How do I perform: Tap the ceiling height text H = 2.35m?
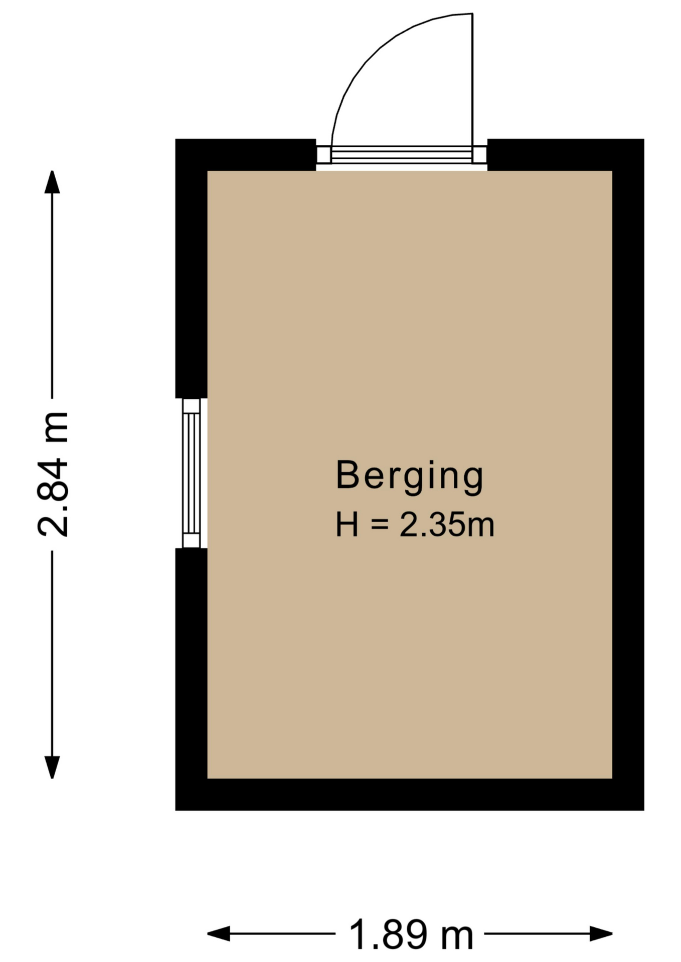click(x=415, y=525)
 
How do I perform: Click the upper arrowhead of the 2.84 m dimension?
click(x=52, y=181)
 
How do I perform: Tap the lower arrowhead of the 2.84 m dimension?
click(x=52, y=767)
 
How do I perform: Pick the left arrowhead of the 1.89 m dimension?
click(x=219, y=934)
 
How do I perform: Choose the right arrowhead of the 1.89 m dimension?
click(x=601, y=934)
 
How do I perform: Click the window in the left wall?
click(x=192, y=473)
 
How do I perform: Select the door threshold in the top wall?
click(x=402, y=154)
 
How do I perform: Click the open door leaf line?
click(x=472, y=80)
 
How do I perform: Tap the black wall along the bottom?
click(x=410, y=794)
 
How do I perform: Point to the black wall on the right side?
click(x=628, y=474)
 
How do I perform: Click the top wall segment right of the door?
click(x=566, y=155)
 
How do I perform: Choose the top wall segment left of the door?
click(x=246, y=155)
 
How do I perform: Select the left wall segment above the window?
click(x=191, y=269)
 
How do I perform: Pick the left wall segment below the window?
click(x=191, y=679)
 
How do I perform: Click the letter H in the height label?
click(x=347, y=525)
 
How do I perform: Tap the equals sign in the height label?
click(x=380, y=525)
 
